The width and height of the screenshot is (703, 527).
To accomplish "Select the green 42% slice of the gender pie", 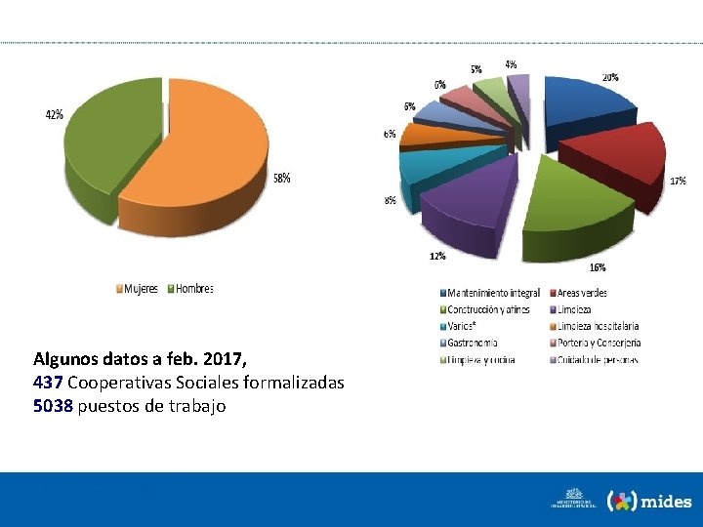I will tap(107, 146).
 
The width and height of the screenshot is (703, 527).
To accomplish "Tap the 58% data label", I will tap(281, 179).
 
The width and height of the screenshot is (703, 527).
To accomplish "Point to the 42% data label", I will tap(55, 114).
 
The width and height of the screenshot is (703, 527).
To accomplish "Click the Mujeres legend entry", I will tap(138, 289).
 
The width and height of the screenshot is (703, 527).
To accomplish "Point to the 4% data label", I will tap(511, 64).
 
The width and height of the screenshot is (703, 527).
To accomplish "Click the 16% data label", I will tap(597, 267).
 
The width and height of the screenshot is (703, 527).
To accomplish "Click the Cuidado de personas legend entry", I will tap(593, 359).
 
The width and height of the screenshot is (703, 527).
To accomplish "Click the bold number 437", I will tap(47, 383).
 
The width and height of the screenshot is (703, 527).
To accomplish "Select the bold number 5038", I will tap(52, 406).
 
